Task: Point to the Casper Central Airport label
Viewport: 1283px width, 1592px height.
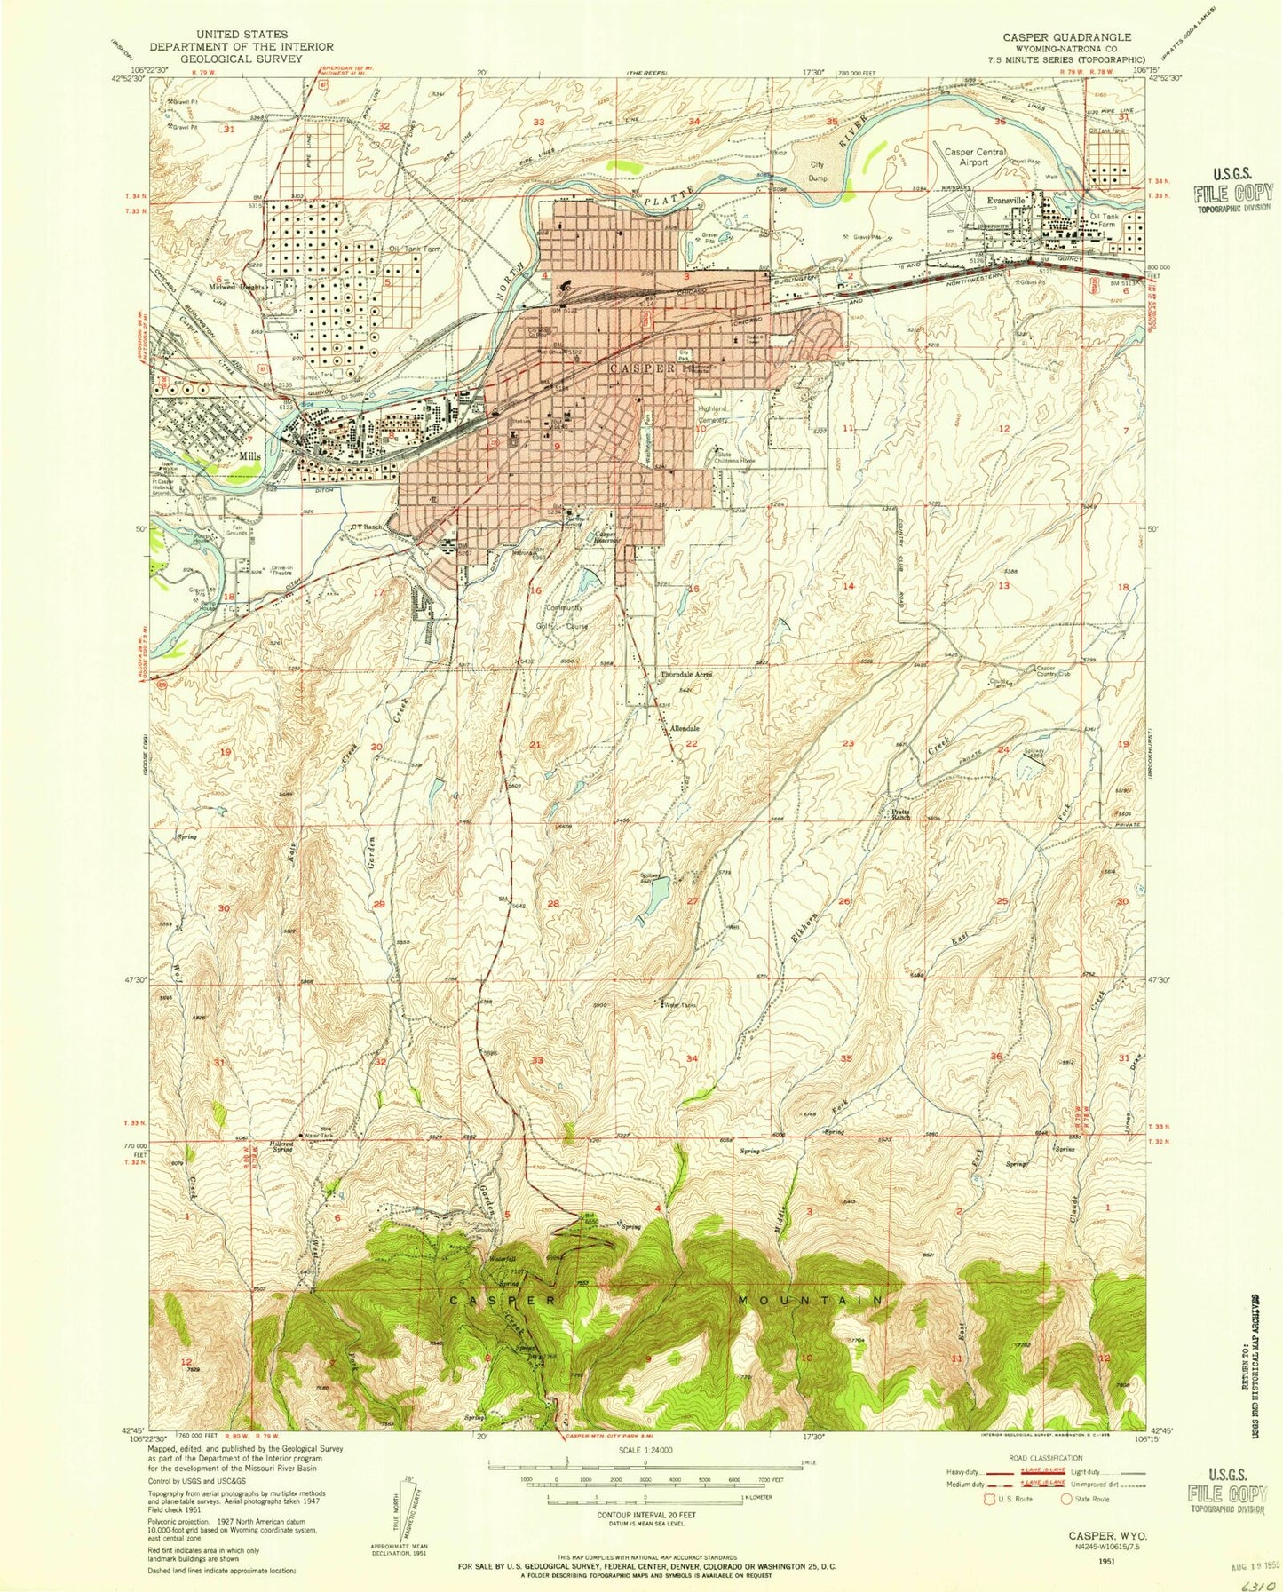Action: click(975, 157)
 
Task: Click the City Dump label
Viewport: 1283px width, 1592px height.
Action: click(826, 170)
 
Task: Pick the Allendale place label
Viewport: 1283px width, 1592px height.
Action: click(685, 728)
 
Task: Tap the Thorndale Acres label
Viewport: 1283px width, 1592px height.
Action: click(685, 675)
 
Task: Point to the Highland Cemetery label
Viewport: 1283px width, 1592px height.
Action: click(711, 414)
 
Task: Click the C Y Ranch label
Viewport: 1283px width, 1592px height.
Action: click(366, 527)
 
